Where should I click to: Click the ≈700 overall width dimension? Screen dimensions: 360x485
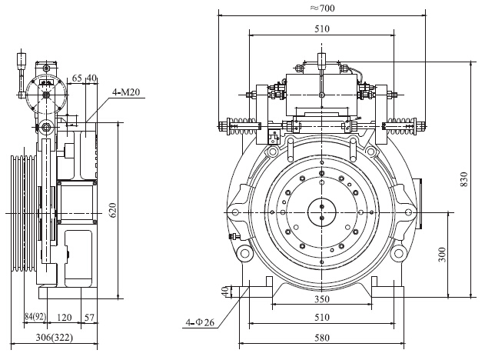[x=322, y=8]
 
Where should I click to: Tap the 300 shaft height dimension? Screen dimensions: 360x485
[x=442, y=254]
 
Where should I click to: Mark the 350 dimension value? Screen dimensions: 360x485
[x=321, y=298]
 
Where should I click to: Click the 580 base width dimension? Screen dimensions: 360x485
[x=321, y=338]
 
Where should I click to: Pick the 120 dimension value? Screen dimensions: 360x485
[x=66, y=316]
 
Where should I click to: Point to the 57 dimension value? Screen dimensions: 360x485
[x=90, y=316]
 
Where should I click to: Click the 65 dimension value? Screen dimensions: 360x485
[x=78, y=78]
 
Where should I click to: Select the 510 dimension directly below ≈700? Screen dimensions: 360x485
[x=321, y=28]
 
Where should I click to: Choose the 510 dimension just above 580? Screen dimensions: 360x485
[x=321, y=317]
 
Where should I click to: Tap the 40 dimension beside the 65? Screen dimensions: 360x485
[x=91, y=78]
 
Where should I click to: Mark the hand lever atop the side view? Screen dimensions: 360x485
[x=20, y=73]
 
